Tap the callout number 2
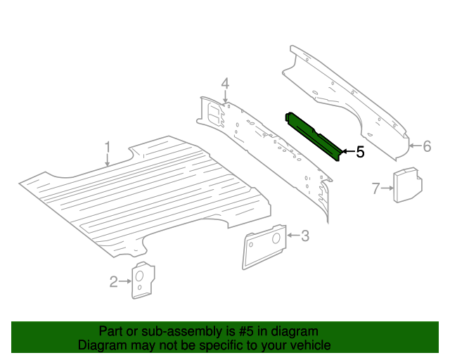[x=114, y=282]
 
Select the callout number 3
[x=304, y=236]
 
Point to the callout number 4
[x=225, y=85]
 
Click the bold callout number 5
[x=359, y=152]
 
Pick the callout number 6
[x=426, y=146]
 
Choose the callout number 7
[x=375, y=188]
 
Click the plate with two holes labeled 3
[x=264, y=246]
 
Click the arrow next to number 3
[x=293, y=236]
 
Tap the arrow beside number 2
[x=125, y=282]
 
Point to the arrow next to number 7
[x=386, y=188]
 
